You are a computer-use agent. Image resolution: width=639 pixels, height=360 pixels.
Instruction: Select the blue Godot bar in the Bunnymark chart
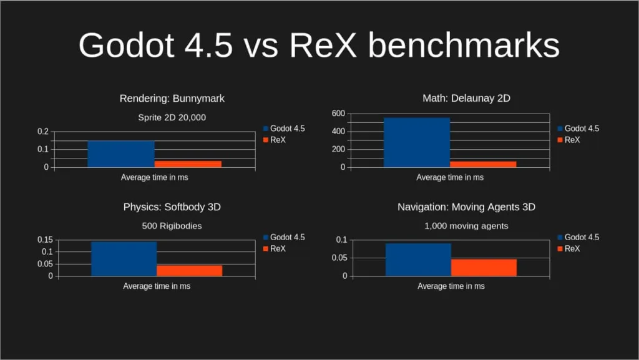click(120, 154)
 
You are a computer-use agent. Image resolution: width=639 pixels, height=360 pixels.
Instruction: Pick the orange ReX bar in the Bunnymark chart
click(188, 163)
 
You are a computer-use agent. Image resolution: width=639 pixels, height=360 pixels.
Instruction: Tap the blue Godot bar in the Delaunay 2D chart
click(416, 142)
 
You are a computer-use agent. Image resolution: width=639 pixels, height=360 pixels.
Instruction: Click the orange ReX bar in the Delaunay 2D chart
click(483, 164)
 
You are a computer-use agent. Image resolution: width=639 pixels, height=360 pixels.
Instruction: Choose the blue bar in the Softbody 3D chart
click(124, 258)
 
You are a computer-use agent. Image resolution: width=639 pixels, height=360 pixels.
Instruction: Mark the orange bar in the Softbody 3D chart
click(189, 270)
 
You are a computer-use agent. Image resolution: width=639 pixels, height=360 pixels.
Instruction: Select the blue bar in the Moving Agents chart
click(418, 260)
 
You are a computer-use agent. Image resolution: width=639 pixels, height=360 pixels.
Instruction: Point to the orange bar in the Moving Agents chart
click(484, 267)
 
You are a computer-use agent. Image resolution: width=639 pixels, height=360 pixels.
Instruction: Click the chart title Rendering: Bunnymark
click(172, 99)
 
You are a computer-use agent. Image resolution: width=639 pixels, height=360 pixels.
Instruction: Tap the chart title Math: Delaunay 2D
click(466, 99)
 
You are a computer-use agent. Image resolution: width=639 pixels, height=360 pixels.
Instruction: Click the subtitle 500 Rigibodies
click(172, 226)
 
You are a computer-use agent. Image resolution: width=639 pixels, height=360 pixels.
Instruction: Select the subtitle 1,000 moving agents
click(466, 226)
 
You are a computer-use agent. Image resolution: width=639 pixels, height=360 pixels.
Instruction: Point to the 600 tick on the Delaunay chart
click(338, 114)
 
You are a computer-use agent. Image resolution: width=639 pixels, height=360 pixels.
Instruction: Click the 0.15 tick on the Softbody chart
click(44, 240)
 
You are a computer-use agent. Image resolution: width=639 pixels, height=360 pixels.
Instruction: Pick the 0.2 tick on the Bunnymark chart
click(42, 132)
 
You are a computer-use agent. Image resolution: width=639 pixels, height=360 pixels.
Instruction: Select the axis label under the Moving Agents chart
click(451, 286)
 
